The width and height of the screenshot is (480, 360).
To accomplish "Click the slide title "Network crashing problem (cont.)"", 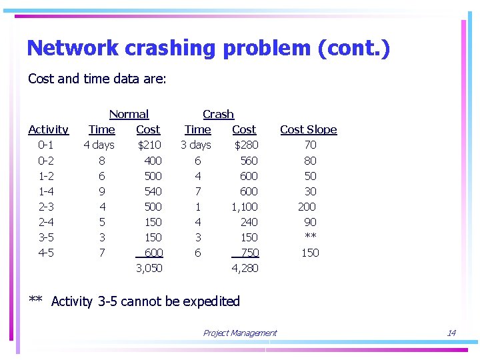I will click(208, 48).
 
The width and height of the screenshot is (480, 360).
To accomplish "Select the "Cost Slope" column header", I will click(308, 129).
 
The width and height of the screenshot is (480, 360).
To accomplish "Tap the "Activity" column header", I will click(48, 129).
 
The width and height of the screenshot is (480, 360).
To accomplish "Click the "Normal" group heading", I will click(129, 114).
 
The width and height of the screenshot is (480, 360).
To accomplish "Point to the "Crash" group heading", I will click(218, 114).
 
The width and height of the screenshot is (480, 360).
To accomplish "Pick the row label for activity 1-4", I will click(46, 191).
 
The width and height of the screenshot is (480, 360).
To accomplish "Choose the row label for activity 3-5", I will click(46, 237).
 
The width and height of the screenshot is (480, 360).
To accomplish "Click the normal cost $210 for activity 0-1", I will click(149, 145).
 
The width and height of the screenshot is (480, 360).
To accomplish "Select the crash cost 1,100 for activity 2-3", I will click(244, 207).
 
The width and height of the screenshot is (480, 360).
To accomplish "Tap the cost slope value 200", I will click(307, 207).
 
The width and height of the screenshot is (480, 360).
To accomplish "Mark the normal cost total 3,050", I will click(149, 268).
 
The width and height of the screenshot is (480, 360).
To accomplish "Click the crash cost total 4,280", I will click(245, 268).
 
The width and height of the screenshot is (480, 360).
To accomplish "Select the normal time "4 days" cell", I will click(99, 145).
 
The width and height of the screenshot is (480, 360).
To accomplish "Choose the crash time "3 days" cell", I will click(195, 145).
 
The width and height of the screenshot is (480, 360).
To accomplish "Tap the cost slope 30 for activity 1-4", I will click(310, 191).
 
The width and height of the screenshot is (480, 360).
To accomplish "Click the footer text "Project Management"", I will click(239, 333).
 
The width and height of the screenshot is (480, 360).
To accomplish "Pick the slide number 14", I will click(451, 333).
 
